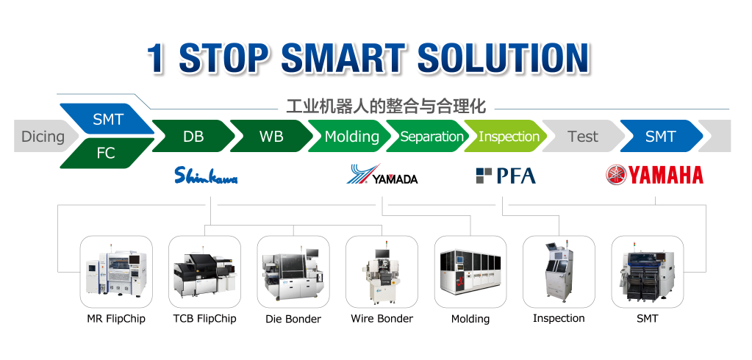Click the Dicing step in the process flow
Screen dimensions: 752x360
coord(44,136)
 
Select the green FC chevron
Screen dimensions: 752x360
coord(107,154)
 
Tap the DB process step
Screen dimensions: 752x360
coord(193,136)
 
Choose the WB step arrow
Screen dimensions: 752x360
coord(271,136)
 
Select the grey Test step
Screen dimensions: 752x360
coord(583,136)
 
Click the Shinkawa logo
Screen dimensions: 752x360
coord(206,176)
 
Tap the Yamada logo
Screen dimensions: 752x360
coord(382,174)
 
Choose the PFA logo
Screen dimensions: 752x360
coord(506,176)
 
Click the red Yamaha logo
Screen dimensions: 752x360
coord(655,175)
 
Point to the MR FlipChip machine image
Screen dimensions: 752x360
coord(116,271)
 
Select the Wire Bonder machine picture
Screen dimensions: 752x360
coord(382,271)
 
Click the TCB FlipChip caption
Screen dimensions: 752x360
coord(205,318)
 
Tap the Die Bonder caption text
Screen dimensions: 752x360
coord(293,319)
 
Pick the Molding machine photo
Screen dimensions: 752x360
coord(470,271)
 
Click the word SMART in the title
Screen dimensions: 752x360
coord(342,58)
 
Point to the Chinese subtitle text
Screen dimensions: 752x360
coord(386,106)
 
